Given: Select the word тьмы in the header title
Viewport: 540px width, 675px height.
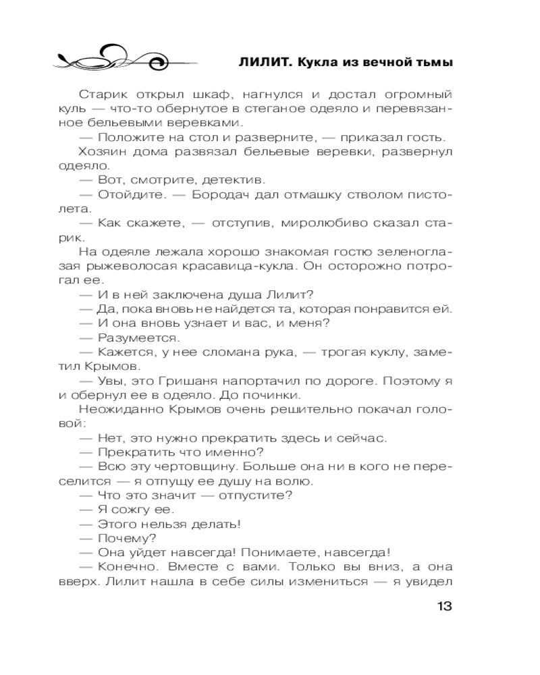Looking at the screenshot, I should pos(429,63).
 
